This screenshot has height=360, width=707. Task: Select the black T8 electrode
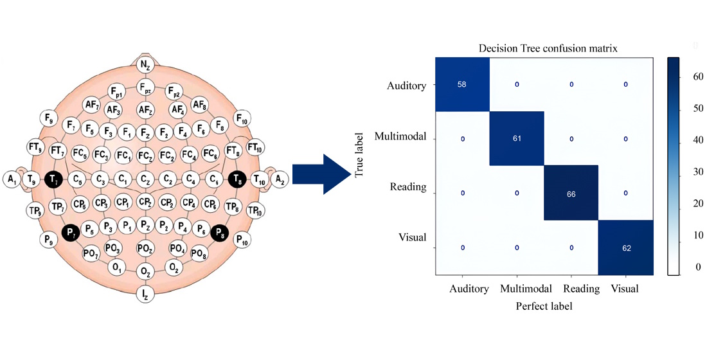238,178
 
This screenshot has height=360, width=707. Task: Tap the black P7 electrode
70,232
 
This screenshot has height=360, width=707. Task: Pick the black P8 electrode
220,232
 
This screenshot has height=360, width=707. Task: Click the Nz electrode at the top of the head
145,64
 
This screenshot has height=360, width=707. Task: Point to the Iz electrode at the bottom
145,294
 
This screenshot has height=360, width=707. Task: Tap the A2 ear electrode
280,179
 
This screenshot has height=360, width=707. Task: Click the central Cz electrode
146,178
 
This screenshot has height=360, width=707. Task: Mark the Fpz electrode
146,88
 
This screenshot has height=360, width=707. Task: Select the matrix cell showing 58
463,84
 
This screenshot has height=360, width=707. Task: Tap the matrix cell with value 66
571,193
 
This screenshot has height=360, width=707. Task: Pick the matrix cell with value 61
517,138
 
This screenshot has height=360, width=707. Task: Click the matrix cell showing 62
625,247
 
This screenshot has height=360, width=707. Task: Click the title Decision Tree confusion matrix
544,48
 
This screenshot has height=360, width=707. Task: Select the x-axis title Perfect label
544,307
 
